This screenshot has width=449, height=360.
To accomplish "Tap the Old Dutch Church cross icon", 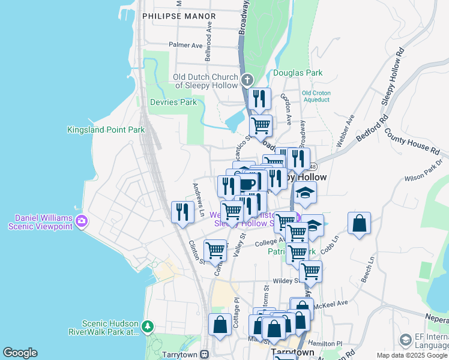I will pyautogui.click(x=247, y=80).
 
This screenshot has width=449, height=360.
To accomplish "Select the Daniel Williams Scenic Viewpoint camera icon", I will pyautogui.click(x=81, y=221).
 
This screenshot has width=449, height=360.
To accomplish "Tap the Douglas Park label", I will pyautogui.click(x=298, y=73).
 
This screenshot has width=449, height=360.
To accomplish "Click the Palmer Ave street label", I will pyautogui.click(x=185, y=45).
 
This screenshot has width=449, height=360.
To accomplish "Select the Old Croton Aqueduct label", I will pyautogui.click(x=315, y=96).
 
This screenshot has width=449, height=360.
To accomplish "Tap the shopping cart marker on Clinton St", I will pyautogui.click(x=215, y=250).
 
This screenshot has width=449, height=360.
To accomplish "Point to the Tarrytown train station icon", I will pyautogui.click(x=205, y=353).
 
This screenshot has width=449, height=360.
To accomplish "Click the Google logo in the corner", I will pyautogui.click(x=20, y=353).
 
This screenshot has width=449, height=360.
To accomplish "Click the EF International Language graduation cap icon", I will pyautogui.click(x=406, y=341).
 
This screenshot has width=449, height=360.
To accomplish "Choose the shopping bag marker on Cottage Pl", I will pyautogui.click(x=220, y=324).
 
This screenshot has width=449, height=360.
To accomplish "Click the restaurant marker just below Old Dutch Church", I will pyautogui.click(x=259, y=99).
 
